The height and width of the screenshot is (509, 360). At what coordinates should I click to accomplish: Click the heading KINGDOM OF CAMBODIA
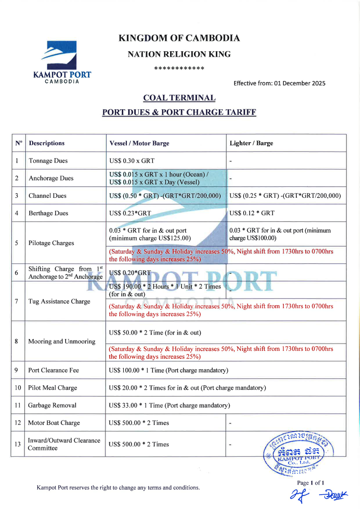[x=180, y=38]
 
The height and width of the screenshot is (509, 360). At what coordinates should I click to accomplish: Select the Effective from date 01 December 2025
[x=279, y=83]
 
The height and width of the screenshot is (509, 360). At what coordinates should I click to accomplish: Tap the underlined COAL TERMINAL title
[x=179, y=98]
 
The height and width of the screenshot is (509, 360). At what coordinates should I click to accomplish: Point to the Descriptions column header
[x=47, y=143]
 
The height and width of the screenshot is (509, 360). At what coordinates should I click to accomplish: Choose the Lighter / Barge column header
[x=251, y=143]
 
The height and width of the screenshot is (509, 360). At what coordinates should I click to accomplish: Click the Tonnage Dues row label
[x=48, y=161]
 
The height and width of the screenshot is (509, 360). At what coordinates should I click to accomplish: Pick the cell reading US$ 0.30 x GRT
[x=132, y=161]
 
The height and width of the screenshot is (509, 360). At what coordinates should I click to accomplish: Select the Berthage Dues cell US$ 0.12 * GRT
[x=252, y=213]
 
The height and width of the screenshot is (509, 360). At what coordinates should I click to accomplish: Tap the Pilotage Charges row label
[x=51, y=243]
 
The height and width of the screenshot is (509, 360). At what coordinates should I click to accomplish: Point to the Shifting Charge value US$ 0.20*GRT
[x=130, y=273]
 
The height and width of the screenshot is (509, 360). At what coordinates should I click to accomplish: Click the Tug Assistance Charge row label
[x=59, y=301]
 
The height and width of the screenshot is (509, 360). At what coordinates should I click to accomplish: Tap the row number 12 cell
[x=18, y=423]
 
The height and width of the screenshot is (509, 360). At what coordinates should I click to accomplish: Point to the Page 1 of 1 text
[x=311, y=483]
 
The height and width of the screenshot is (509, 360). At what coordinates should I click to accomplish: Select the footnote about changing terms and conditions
[x=118, y=488]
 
